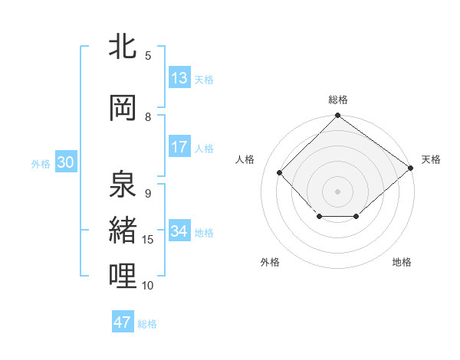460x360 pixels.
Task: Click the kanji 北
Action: point(123,47)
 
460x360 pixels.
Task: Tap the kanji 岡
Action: point(123,108)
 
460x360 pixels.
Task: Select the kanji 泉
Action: point(123,184)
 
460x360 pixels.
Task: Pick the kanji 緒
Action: point(123,230)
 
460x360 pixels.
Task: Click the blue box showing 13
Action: point(179,78)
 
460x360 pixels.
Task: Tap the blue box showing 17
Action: point(179,148)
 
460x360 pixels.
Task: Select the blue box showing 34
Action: point(179,232)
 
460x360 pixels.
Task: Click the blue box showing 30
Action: point(65,163)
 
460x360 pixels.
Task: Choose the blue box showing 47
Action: point(123,322)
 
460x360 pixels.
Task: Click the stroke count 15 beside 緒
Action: point(148,240)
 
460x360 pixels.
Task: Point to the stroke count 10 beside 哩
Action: point(148,286)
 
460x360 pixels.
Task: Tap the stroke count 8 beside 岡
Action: point(148,117)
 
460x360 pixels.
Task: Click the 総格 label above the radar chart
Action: point(337,100)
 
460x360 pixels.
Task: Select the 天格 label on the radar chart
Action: point(431,159)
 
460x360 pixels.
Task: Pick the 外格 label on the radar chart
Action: point(270,262)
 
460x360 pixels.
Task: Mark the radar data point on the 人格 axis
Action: point(280,172)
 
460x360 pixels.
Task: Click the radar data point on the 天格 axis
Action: point(411,167)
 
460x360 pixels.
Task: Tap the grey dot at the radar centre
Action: point(337,191)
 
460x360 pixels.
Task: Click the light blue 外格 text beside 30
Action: point(41,164)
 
